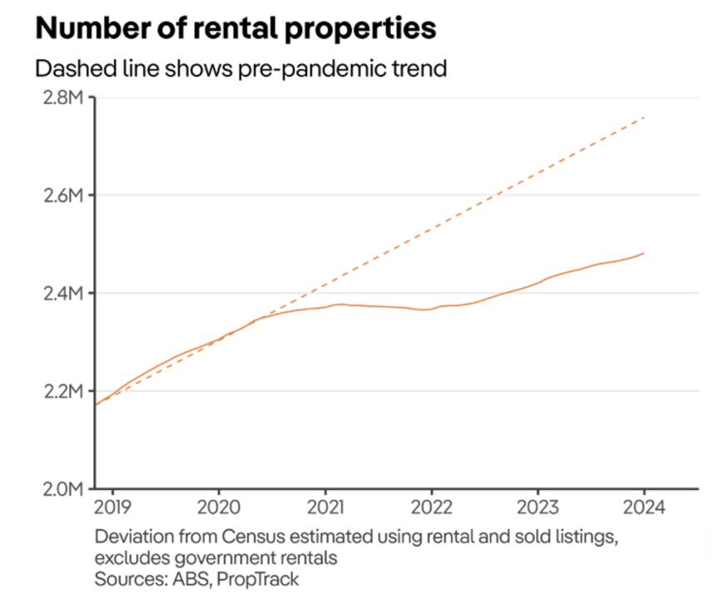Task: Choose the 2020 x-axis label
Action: pos(219,507)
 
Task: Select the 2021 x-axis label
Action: pos(325,507)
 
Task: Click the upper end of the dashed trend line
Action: pos(644,117)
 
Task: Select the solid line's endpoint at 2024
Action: pos(644,253)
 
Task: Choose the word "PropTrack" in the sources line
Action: pos(258,578)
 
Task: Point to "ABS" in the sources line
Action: pos(187,578)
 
